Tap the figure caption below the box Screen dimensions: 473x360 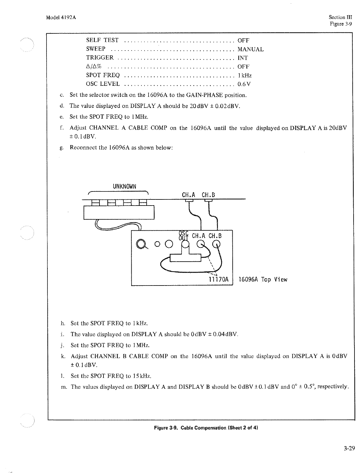coord(206,428)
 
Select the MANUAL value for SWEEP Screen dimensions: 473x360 coord(250,49)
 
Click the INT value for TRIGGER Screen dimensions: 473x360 coord(243,58)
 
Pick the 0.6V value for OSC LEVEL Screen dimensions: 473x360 coord(244,84)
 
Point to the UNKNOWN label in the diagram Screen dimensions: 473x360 coord(124,187)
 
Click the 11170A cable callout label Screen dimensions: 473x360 coord(219,279)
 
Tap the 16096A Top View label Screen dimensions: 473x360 coord(263,279)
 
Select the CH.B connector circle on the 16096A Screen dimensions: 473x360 coord(217,244)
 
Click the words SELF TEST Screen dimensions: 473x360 coord(102,40)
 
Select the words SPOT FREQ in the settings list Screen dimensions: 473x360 coord(103,75)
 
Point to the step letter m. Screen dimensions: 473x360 coord(64,387)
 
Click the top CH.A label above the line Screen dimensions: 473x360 coord(189,195)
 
